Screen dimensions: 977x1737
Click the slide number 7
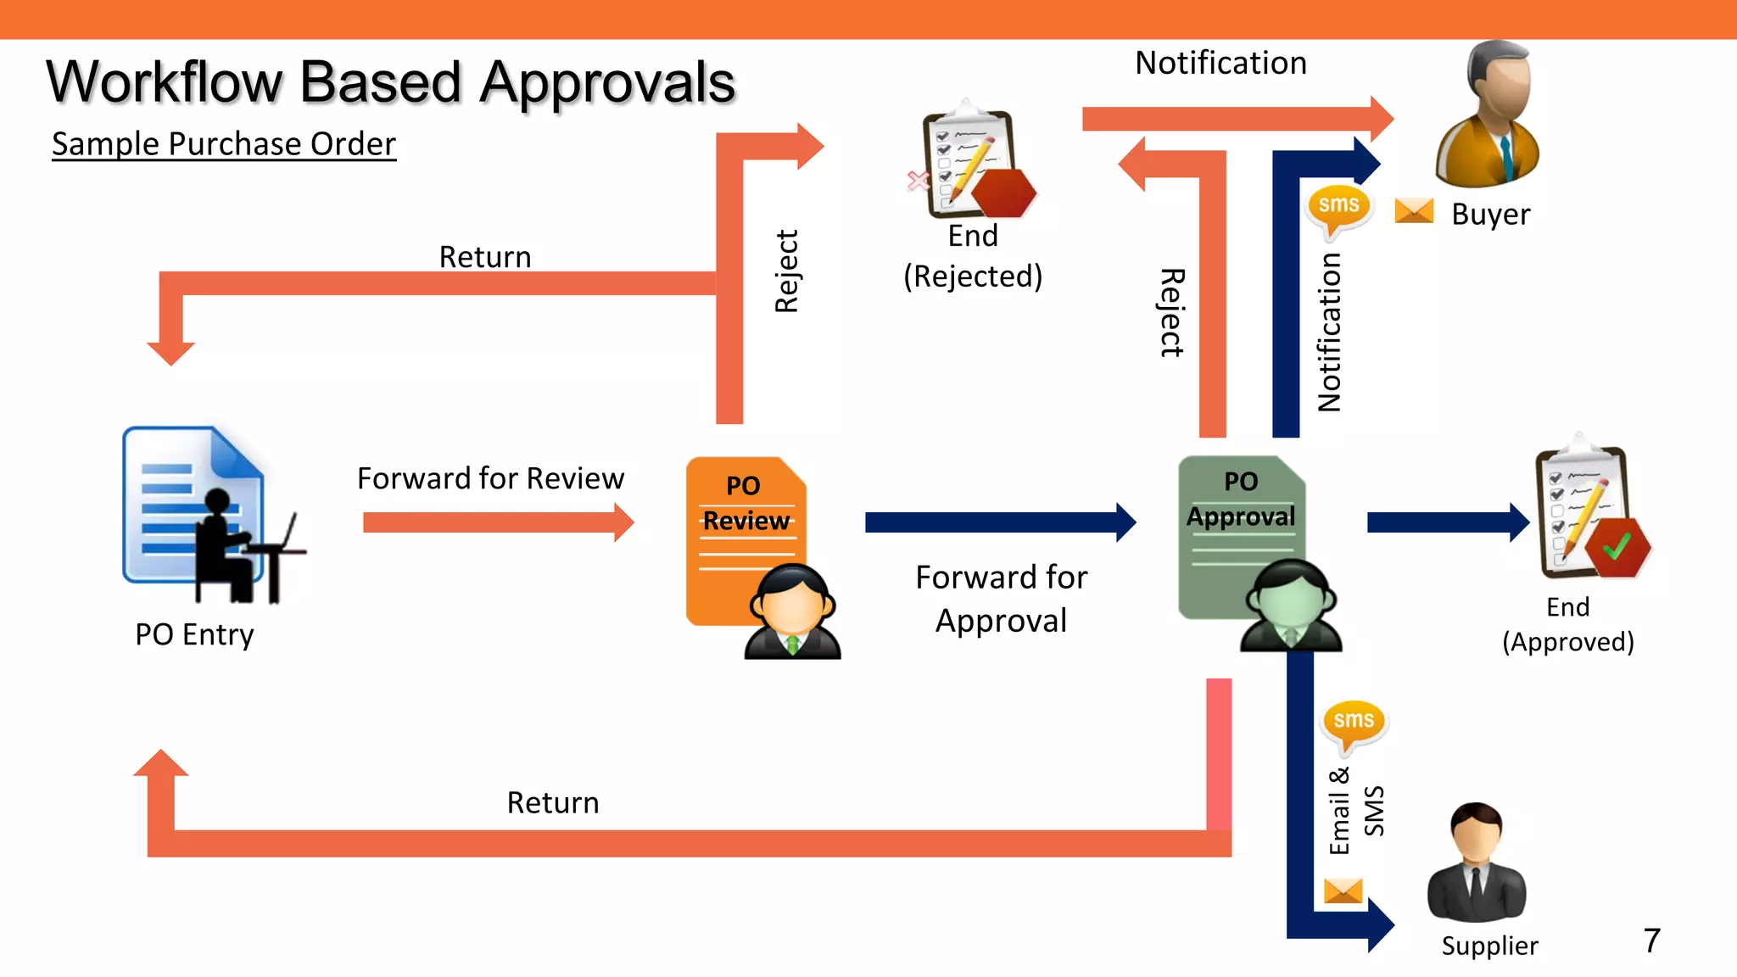[x=1651, y=941]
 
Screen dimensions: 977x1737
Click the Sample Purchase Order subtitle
[x=224, y=144]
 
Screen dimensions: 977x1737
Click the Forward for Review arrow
[x=497, y=522]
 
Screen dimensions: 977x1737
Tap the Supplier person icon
[x=1477, y=863]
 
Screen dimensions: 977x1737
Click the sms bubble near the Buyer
[x=1338, y=208]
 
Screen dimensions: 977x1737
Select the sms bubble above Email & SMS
[x=1353, y=723]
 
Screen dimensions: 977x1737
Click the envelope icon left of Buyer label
[x=1414, y=210]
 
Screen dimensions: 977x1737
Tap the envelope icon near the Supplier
[x=1343, y=890]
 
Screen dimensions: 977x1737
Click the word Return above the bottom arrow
[x=553, y=802]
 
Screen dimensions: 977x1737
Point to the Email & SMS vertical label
[x=1355, y=811]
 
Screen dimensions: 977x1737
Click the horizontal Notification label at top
[x=1220, y=64]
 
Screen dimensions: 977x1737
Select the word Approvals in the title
[x=607, y=83]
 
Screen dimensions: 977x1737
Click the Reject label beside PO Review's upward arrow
[x=787, y=271]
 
